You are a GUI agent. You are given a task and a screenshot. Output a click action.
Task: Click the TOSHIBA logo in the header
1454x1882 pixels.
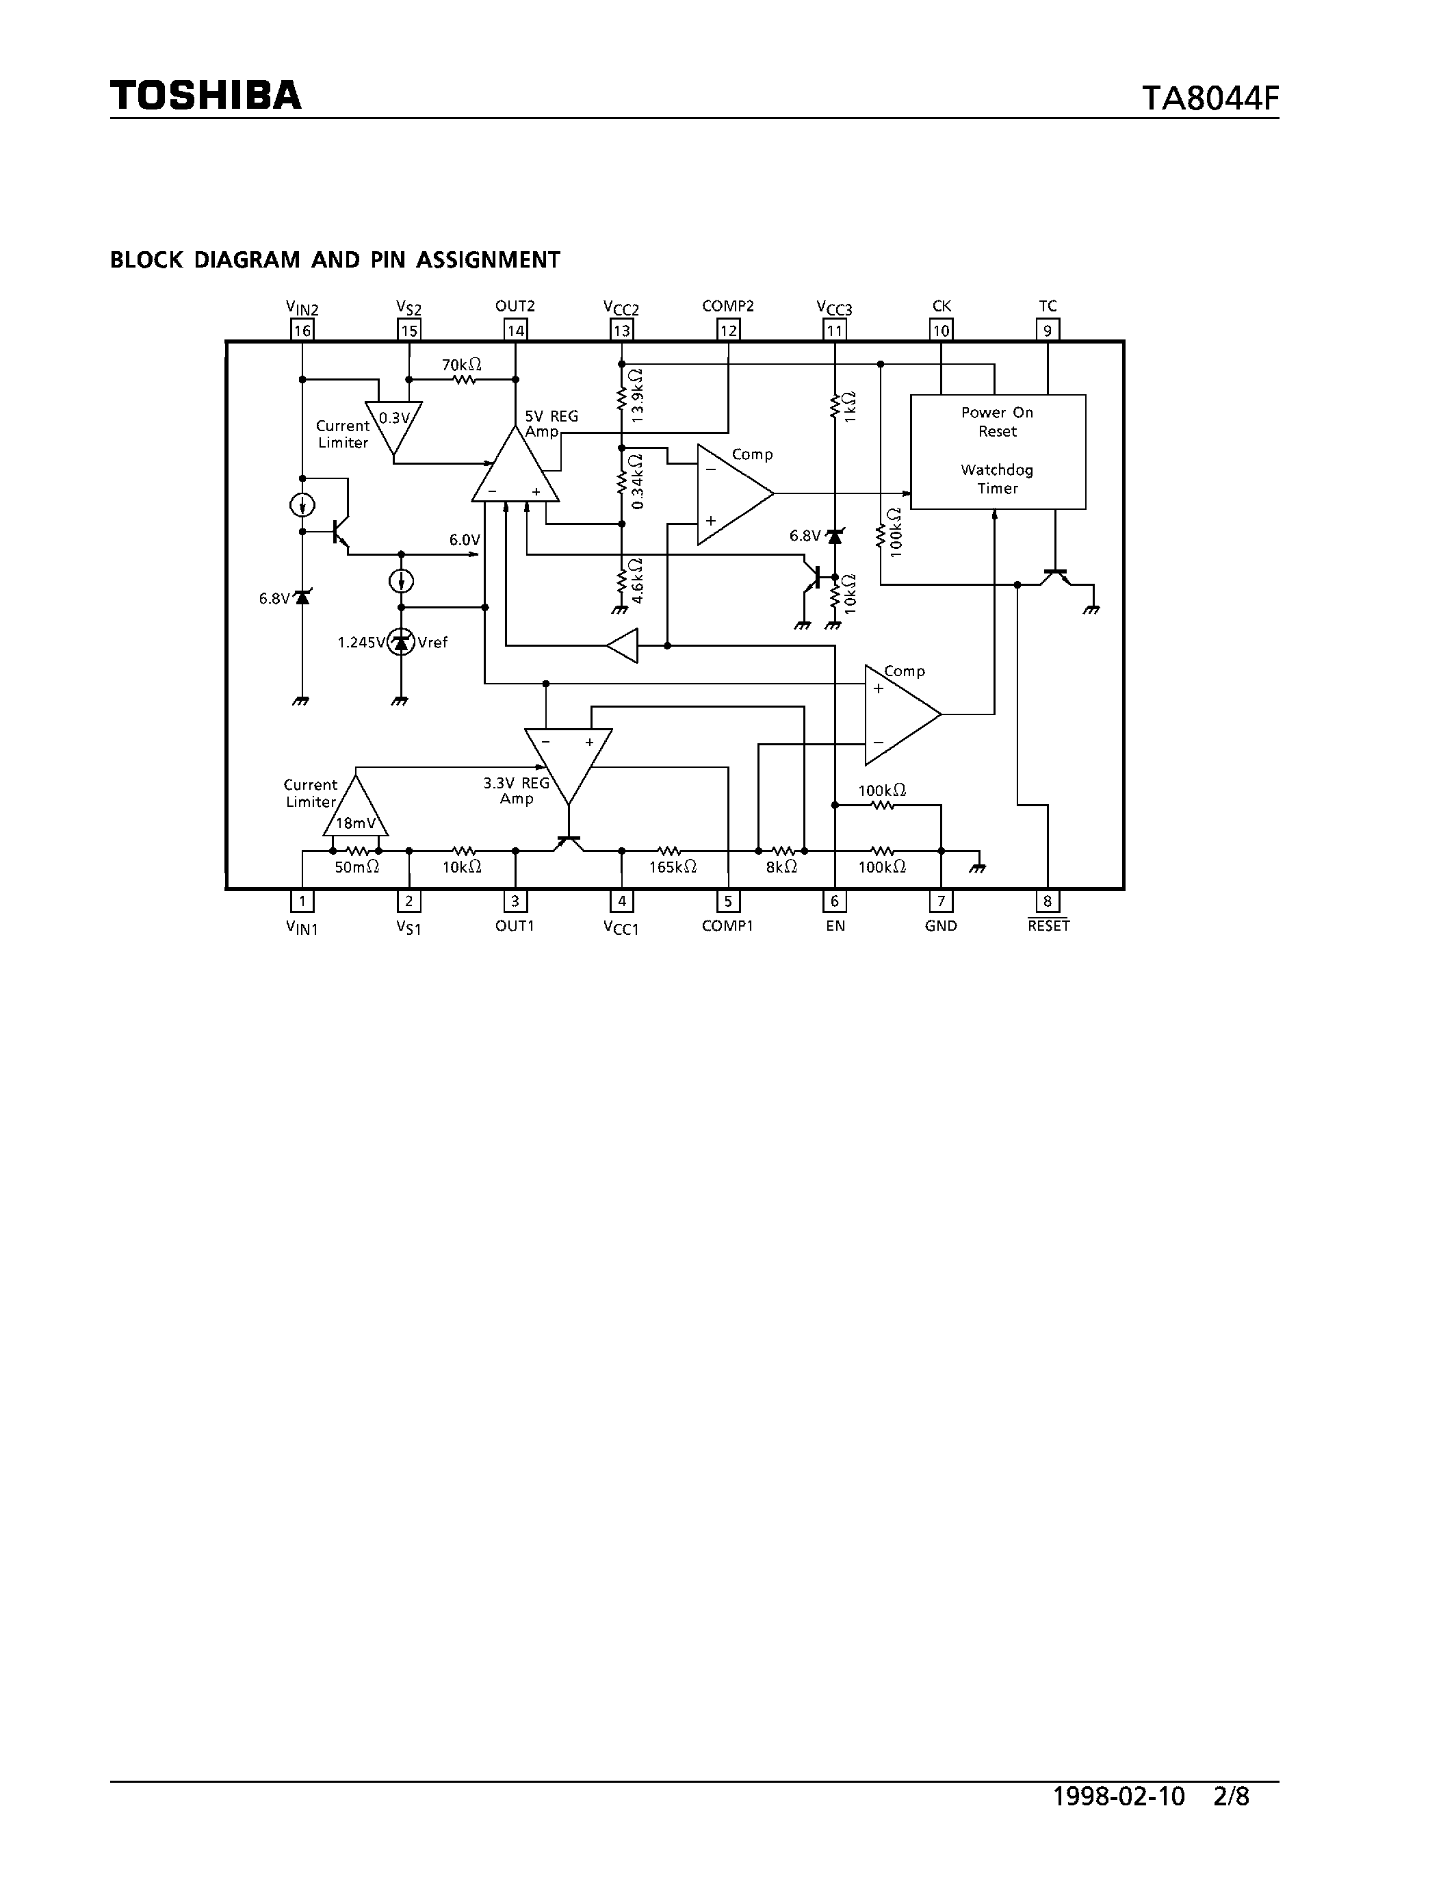click(206, 95)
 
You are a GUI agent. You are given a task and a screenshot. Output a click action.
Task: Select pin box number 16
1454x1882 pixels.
click(302, 330)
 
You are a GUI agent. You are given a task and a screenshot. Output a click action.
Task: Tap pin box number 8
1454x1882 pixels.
click(1048, 901)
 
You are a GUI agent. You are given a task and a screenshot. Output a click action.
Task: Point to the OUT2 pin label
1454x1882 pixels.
click(515, 306)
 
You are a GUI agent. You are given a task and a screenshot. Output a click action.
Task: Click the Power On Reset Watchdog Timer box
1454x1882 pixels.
click(998, 451)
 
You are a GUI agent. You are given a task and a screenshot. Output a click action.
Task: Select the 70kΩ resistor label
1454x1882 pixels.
click(462, 365)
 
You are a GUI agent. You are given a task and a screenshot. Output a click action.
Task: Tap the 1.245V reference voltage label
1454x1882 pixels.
click(361, 642)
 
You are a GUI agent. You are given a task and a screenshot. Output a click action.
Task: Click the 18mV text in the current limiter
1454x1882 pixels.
click(356, 823)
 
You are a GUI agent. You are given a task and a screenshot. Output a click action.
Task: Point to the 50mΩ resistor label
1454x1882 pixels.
click(356, 867)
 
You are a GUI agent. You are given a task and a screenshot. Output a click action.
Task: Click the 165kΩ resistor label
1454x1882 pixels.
click(673, 867)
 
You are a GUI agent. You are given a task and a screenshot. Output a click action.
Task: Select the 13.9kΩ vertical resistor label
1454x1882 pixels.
click(638, 395)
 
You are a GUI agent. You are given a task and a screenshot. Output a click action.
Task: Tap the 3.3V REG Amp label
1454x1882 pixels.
click(516, 790)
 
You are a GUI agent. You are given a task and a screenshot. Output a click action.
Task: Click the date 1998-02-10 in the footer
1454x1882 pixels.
click(1119, 1821)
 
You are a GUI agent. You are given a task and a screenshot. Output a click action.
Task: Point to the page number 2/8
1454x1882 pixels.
click(1231, 1821)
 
